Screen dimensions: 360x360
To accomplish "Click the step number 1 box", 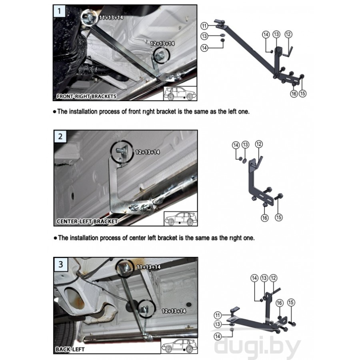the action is (59, 11).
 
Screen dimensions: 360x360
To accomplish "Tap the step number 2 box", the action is (60, 136).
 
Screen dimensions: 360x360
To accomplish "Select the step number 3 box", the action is (61, 264).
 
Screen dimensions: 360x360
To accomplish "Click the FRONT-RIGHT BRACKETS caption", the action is (86, 96).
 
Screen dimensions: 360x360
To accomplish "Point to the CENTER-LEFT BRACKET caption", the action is (87, 222).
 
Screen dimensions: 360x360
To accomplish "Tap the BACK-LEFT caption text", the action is (70, 350).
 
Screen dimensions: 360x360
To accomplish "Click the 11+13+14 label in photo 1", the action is (111, 18).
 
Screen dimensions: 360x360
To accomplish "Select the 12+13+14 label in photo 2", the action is (147, 152).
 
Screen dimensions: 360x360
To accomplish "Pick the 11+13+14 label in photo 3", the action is (148, 267).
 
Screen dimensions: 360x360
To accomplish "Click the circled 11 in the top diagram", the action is (204, 26).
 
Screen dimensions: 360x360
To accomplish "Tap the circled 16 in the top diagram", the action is (294, 94).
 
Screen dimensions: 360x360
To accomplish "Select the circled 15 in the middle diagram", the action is (278, 217).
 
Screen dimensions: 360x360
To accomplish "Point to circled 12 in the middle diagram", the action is (259, 144).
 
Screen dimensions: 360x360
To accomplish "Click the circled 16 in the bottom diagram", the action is (279, 303).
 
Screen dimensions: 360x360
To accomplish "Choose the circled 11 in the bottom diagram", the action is (218, 315).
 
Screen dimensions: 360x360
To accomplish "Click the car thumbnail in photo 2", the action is (181, 219).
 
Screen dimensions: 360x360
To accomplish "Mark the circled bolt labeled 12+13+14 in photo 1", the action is (162, 55).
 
